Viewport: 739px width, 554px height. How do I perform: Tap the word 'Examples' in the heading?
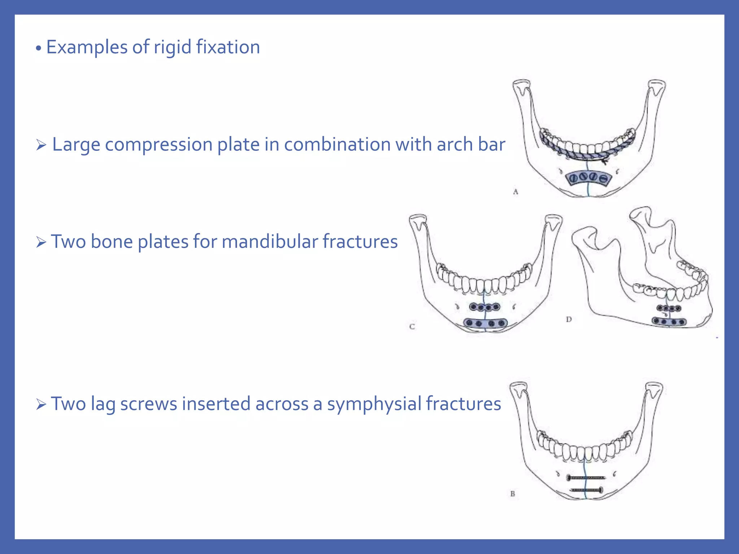click(x=87, y=47)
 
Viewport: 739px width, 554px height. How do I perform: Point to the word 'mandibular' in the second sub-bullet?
click(x=270, y=241)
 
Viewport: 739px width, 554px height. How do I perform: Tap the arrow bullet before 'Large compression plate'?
click(x=41, y=145)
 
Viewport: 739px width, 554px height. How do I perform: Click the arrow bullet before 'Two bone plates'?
click(x=41, y=242)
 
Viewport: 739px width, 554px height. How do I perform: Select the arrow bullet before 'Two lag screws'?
click(x=41, y=405)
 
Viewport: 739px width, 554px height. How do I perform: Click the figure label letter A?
click(x=515, y=192)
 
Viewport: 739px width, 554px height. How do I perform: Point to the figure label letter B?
click(x=512, y=494)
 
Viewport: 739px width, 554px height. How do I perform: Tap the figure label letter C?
click(x=412, y=327)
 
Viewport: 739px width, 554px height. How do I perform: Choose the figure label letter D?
click(x=569, y=319)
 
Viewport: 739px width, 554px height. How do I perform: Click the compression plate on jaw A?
click(x=589, y=177)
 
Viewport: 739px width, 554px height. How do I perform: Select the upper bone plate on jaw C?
click(x=485, y=307)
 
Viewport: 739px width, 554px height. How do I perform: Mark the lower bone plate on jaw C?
click(x=485, y=323)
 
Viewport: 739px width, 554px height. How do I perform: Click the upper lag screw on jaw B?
click(x=586, y=478)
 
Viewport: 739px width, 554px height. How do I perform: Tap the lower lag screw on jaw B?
click(x=586, y=490)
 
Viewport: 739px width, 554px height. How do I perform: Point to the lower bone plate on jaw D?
click(x=669, y=321)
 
